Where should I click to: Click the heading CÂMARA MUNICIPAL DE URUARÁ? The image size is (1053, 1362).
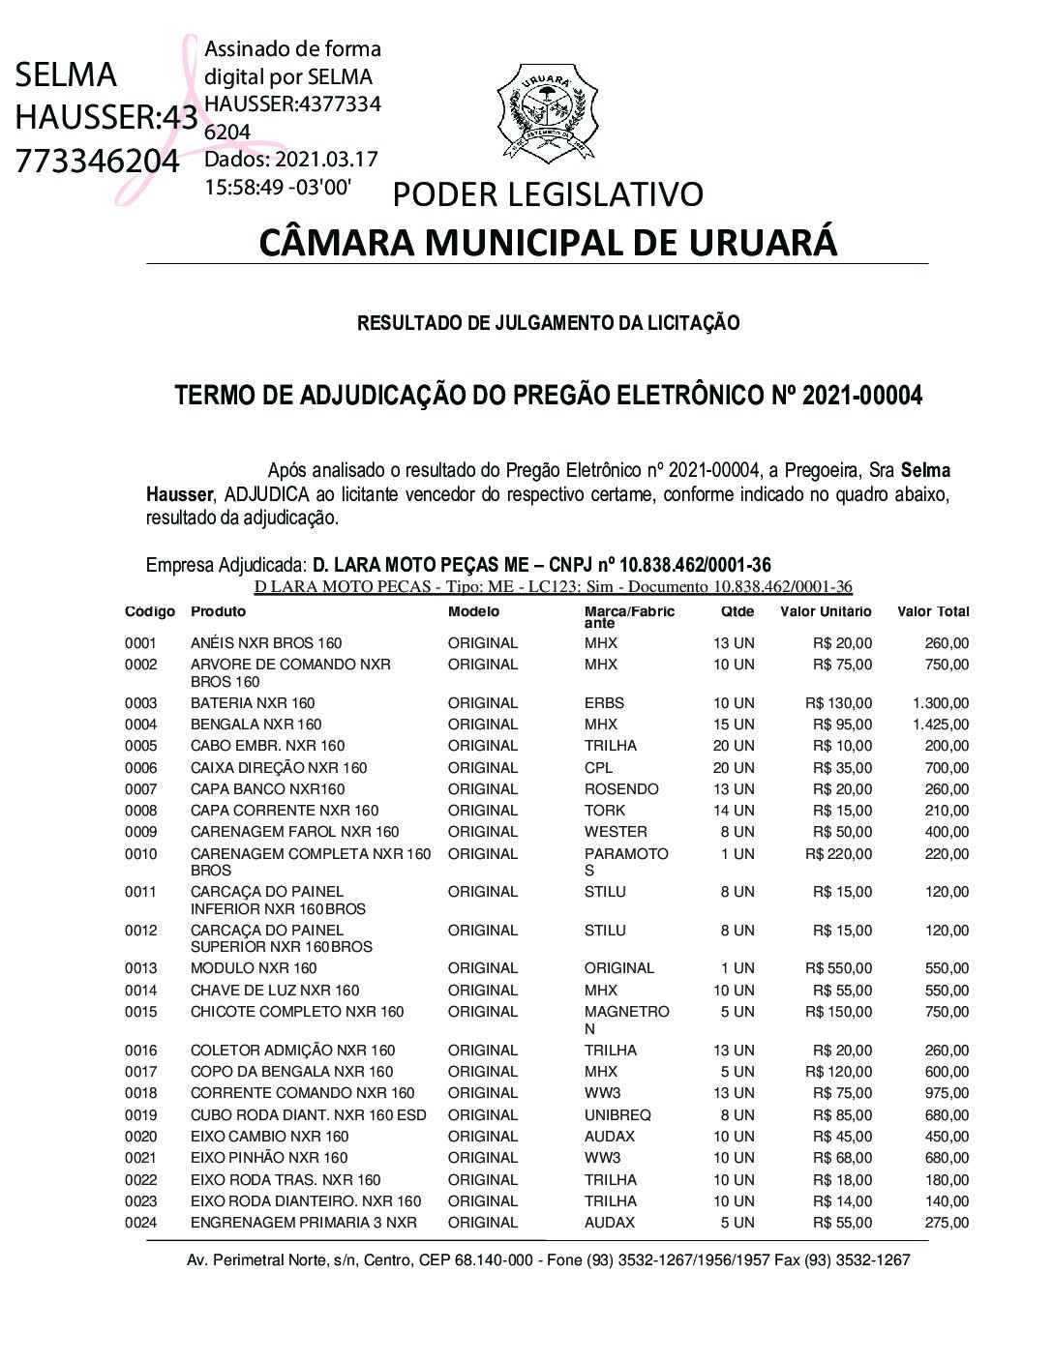coord(548,242)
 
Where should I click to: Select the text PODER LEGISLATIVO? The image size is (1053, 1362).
coord(548,194)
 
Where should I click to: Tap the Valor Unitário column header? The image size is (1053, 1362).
coord(826,611)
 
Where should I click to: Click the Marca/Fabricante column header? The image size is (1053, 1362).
coord(629,617)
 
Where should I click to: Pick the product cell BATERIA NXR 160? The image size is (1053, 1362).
coord(253,703)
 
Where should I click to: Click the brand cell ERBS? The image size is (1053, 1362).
coord(604,703)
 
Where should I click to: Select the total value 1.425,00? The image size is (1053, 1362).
coord(940,725)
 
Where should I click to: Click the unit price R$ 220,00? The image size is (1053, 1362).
coord(838,854)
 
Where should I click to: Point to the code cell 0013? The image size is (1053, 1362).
coord(140,968)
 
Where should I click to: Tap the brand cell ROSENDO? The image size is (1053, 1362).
coord(621,789)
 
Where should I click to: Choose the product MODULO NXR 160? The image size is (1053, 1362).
coord(254,968)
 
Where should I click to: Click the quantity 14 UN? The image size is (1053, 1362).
coord(734,811)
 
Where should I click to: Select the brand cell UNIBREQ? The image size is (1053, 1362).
coord(617,1115)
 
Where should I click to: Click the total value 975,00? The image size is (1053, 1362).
coord(947,1093)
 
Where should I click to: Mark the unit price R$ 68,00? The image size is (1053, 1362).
coord(842,1158)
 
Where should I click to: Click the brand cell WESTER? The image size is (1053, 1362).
coord(616,832)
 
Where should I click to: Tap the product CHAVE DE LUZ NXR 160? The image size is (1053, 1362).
coord(275,991)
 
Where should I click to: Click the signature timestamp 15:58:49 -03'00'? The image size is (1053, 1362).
coord(278,187)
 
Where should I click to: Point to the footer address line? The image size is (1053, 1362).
coord(548,1260)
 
